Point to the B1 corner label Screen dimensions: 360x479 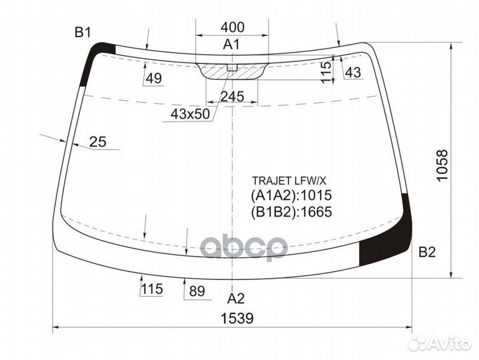click(83, 32)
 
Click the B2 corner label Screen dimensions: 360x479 click(427, 252)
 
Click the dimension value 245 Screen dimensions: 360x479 click(232, 97)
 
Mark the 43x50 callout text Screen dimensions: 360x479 click(191, 113)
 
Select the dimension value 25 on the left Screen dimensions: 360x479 click(98, 141)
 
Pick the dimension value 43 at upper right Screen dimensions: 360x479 click(353, 73)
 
